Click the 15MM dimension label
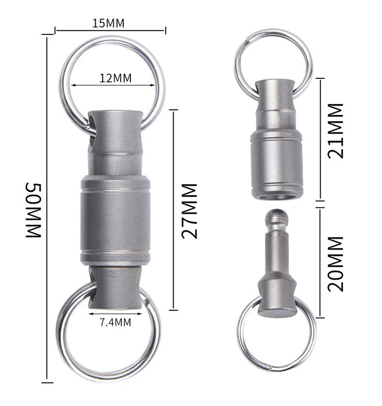[110, 22]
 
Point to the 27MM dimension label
[190, 210]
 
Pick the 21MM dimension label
[335, 130]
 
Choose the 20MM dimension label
[335, 263]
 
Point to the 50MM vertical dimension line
[47, 208]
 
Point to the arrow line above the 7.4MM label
[115, 313]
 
